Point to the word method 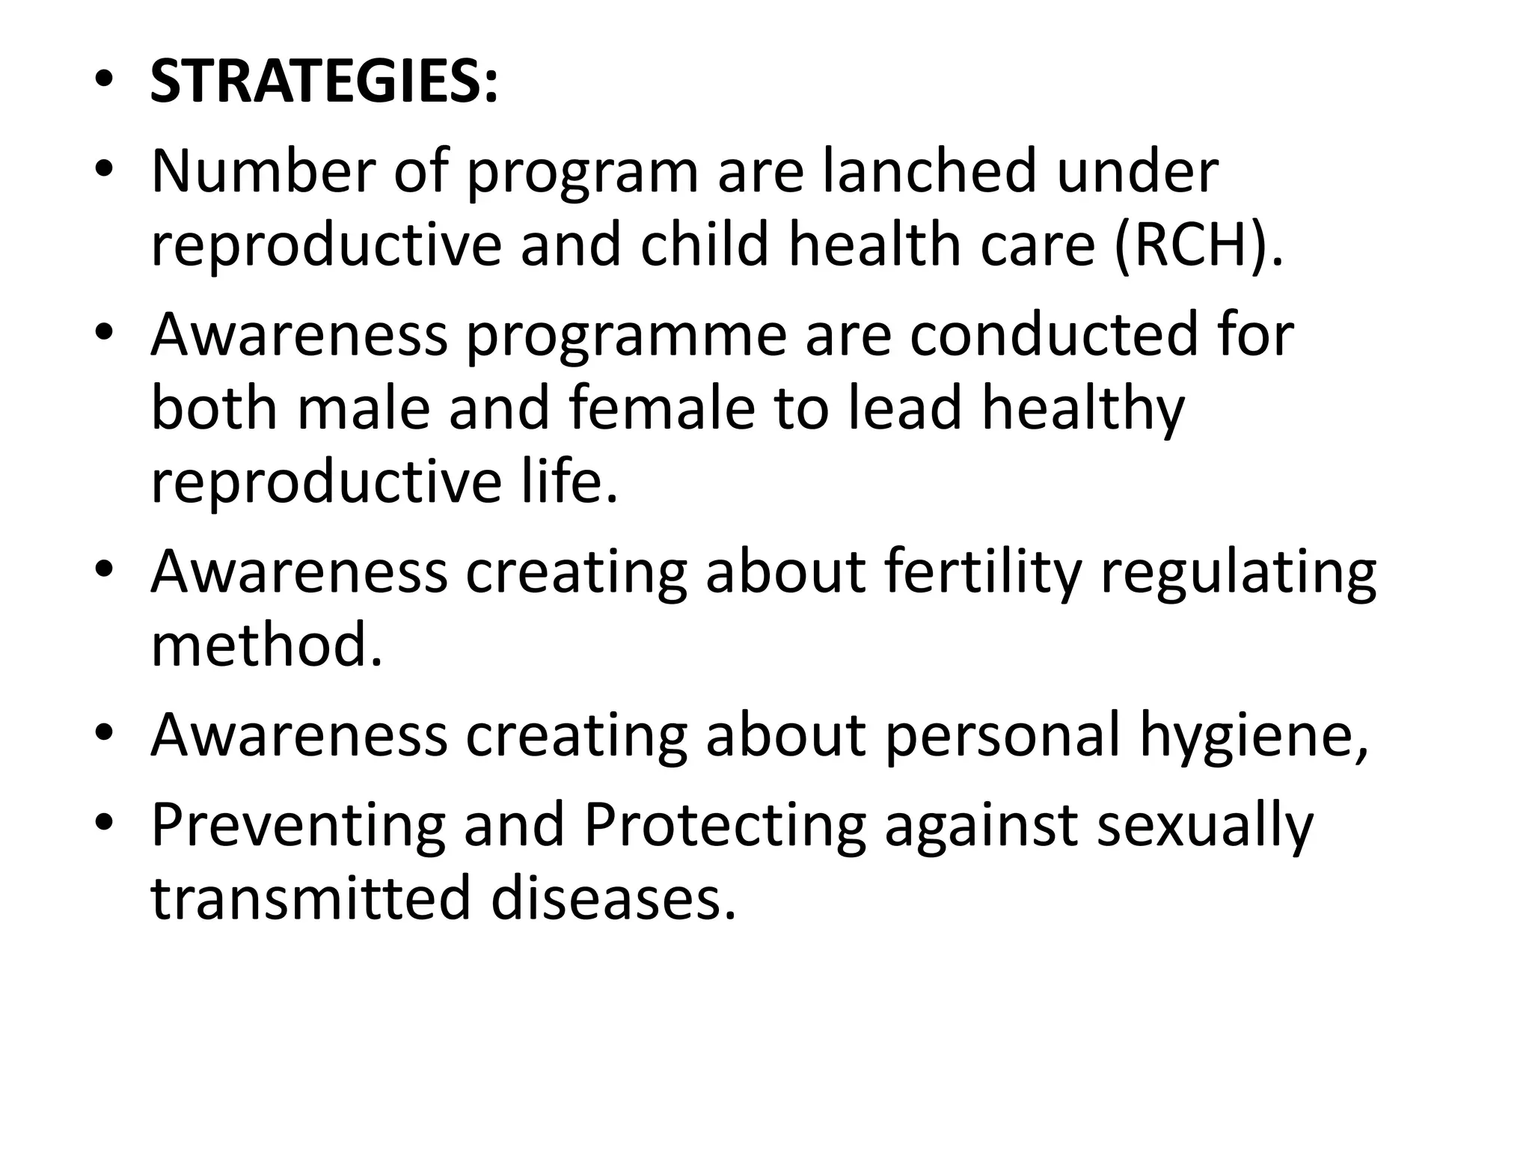266,646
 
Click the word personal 1002,736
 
